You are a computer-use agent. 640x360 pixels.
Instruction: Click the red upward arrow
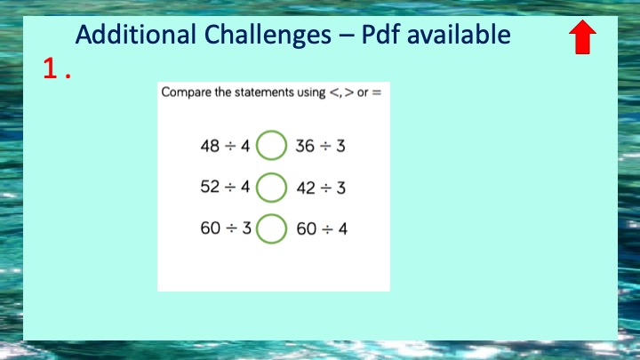click(582, 36)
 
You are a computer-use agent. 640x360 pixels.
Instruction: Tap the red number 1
click(50, 68)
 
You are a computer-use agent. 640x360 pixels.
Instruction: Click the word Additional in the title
click(135, 34)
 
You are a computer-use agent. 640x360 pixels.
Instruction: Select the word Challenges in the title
click(268, 35)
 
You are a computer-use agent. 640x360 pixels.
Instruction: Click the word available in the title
click(459, 34)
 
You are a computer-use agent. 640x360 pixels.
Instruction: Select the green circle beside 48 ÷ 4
click(271, 131)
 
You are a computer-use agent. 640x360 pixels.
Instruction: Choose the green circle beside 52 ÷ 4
click(271, 173)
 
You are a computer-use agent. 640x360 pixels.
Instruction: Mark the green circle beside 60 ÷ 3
click(271, 215)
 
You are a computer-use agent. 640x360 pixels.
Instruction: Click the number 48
click(210, 146)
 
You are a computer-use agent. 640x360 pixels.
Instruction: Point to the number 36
click(305, 146)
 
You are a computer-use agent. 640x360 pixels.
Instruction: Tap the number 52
click(210, 187)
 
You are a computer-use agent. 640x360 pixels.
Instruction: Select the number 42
click(306, 188)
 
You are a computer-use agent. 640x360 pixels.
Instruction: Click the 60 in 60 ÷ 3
click(211, 228)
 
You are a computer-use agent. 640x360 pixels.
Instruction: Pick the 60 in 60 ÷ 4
click(307, 229)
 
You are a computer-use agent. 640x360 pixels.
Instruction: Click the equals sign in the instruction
click(377, 92)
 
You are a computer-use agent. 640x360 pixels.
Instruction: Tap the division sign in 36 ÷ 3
click(325, 146)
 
